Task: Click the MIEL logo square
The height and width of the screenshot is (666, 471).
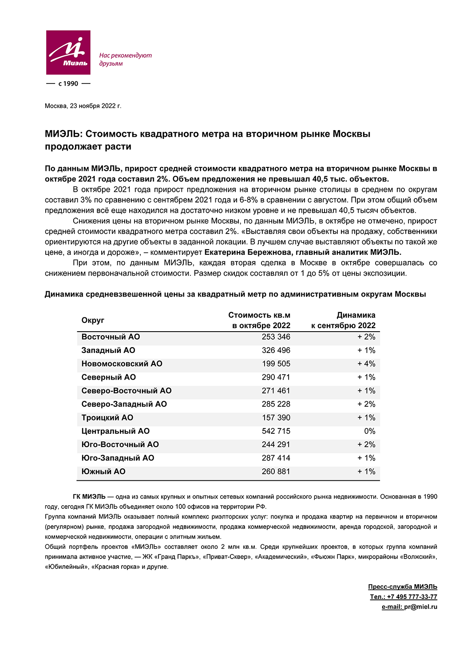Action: [68, 52]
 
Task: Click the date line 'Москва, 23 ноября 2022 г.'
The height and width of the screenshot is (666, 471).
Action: [83, 106]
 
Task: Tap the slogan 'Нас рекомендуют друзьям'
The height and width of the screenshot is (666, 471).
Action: [125, 59]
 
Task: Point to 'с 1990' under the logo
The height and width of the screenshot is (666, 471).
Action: [68, 83]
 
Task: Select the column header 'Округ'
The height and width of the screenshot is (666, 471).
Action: [93, 321]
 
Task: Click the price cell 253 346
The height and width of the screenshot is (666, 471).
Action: [276, 337]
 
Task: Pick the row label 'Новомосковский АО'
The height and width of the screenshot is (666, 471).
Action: [122, 364]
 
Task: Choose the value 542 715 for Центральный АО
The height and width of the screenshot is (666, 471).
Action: [276, 431]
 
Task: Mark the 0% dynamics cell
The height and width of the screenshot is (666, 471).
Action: [369, 431]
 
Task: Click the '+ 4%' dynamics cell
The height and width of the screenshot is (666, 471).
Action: [366, 364]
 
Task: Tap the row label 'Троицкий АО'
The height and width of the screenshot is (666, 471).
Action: [107, 418]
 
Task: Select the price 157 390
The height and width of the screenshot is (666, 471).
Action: [276, 418]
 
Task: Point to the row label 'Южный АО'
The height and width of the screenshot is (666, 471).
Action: [103, 472]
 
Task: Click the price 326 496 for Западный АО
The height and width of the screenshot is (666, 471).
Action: [276, 350]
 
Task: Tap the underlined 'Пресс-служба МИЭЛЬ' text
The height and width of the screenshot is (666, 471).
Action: [403, 587]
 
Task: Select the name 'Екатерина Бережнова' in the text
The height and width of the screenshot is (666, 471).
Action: [248, 253]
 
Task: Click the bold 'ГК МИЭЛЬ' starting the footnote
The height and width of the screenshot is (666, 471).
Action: [89, 497]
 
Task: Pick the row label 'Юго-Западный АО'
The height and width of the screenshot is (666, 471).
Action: [118, 458]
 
